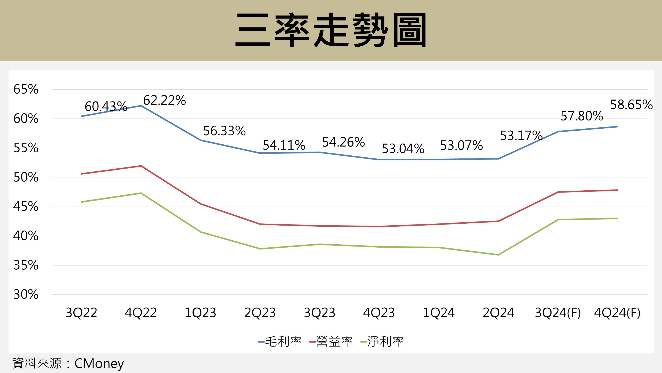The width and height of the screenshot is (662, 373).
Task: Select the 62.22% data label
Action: point(164,100)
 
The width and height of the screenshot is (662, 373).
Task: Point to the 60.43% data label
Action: point(106,106)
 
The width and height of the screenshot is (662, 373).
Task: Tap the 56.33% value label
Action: point(224,131)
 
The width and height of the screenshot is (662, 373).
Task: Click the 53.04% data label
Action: point(403,149)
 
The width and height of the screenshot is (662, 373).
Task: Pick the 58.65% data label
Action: point(631,105)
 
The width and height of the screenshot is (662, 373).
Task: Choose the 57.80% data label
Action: point(581,116)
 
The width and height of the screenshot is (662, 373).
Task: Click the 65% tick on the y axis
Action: point(26,89)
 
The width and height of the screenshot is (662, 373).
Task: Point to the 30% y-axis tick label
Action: point(26,295)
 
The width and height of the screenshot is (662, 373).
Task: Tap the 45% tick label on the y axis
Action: point(26,207)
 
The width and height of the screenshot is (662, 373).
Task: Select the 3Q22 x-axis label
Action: point(81,313)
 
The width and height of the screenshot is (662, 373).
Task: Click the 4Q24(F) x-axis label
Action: point(617,313)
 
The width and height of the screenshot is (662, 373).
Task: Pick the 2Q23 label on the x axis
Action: point(260,313)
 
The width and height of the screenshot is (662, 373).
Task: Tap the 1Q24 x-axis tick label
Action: point(439,313)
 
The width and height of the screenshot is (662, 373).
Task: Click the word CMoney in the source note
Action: point(99,364)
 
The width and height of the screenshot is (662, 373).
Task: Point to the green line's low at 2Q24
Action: point(498,255)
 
